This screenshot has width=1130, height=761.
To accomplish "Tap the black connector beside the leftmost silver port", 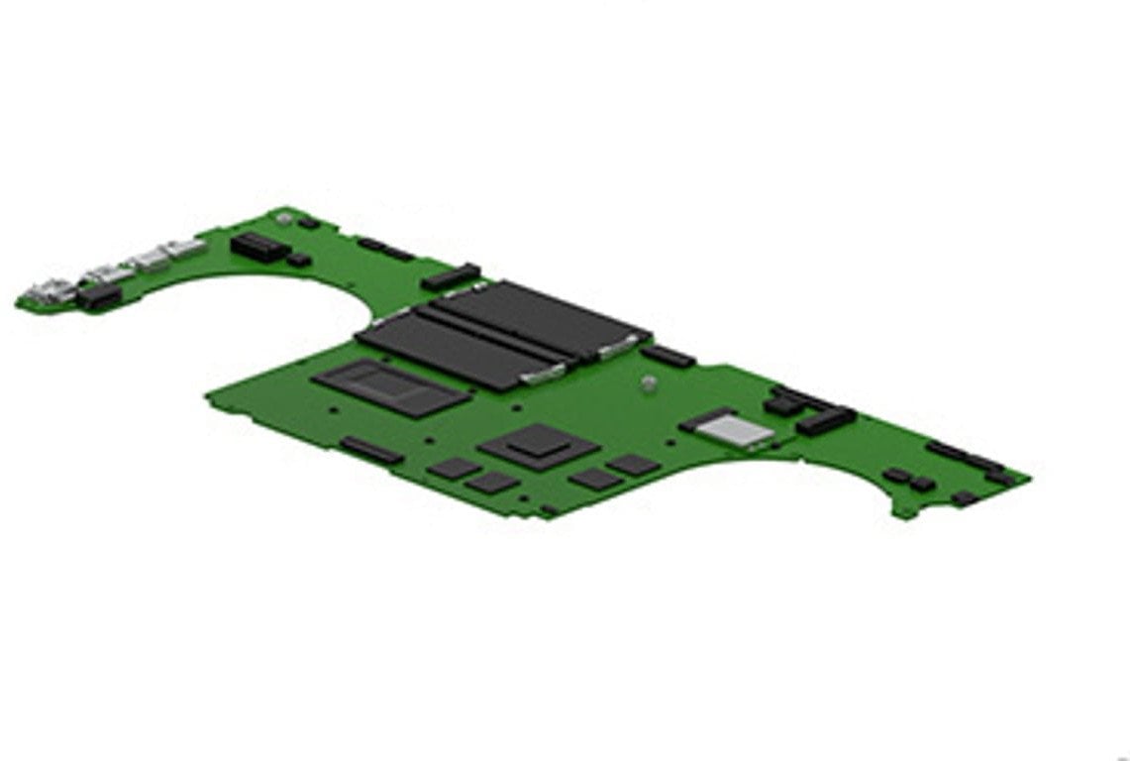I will tap(99, 297).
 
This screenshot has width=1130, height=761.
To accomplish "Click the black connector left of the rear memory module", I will tap(451, 276).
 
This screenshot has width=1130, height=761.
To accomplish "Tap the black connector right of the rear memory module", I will tap(669, 355).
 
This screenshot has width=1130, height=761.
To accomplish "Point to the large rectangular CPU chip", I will tap(391, 387).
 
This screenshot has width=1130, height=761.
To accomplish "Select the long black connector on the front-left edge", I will tap(371, 451).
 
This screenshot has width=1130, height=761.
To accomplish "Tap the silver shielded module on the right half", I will tap(729, 428).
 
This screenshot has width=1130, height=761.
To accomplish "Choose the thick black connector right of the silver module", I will tap(825, 421).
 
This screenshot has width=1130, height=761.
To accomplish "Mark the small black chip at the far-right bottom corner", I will tap(964, 498).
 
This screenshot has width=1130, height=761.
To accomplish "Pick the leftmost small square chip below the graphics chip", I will tap(454, 469).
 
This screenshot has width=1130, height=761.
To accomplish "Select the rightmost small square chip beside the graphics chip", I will tap(634, 465).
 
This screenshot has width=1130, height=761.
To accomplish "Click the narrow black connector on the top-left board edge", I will tap(385, 249).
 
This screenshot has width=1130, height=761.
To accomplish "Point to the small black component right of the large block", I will tap(299, 261).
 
